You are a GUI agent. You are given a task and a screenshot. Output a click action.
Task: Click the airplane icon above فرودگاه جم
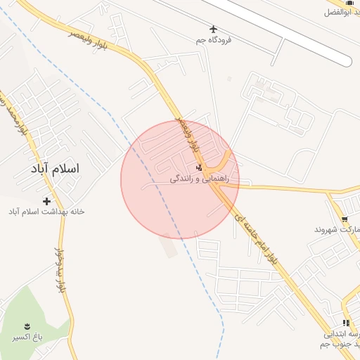[x=214, y=29]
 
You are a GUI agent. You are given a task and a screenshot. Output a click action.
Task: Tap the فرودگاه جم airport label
[x=214, y=40]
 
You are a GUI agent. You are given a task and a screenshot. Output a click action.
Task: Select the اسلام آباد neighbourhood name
[x=56, y=169]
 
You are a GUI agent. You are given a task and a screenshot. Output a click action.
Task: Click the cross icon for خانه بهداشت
[x=47, y=201]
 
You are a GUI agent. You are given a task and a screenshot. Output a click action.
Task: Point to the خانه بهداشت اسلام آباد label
[x=46, y=212]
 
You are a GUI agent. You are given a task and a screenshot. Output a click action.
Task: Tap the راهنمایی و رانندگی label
[x=204, y=179]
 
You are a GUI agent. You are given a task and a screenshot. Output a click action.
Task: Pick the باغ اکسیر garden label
[x=27, y=337]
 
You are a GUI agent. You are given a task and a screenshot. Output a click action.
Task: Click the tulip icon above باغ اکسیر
[x=27, y=326]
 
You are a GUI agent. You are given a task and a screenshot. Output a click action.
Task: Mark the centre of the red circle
[x=180, y=179]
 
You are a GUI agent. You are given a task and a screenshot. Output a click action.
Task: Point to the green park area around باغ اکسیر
[x=35, y=316]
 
